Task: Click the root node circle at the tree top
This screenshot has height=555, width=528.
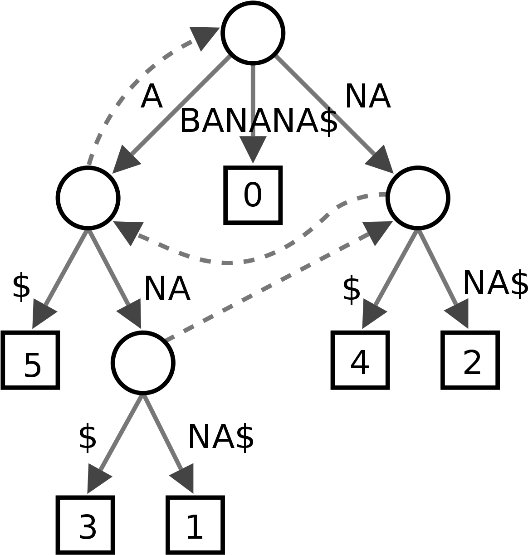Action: point(253,33)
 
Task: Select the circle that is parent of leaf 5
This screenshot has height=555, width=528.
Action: point(88,198)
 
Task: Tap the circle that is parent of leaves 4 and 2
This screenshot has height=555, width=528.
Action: point(418,198)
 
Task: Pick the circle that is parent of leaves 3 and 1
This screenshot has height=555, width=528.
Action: point(143,363)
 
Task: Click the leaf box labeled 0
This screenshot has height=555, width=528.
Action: point(253,195)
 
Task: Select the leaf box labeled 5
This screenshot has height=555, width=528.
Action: point(30,360)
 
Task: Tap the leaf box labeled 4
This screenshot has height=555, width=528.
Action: point(360,360)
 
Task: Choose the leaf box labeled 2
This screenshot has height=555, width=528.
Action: point(470,360)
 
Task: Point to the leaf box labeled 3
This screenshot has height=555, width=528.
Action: point(85,525)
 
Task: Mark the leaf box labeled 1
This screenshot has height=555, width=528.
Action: point(195,525)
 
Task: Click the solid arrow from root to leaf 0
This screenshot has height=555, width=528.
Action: point(253,113)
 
